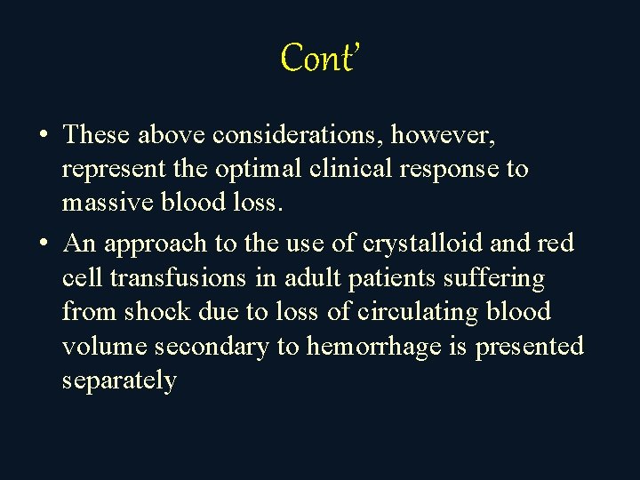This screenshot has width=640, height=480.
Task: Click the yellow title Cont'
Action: pyautogui.click(x=318, y=59)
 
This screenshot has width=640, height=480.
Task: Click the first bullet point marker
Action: pyautogui.click(x=44, y=136)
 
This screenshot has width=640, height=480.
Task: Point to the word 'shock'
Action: pyautogui.click(x=155, y=312)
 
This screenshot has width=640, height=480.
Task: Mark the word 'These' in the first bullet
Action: pyautogui.click(x=96, y=135)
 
